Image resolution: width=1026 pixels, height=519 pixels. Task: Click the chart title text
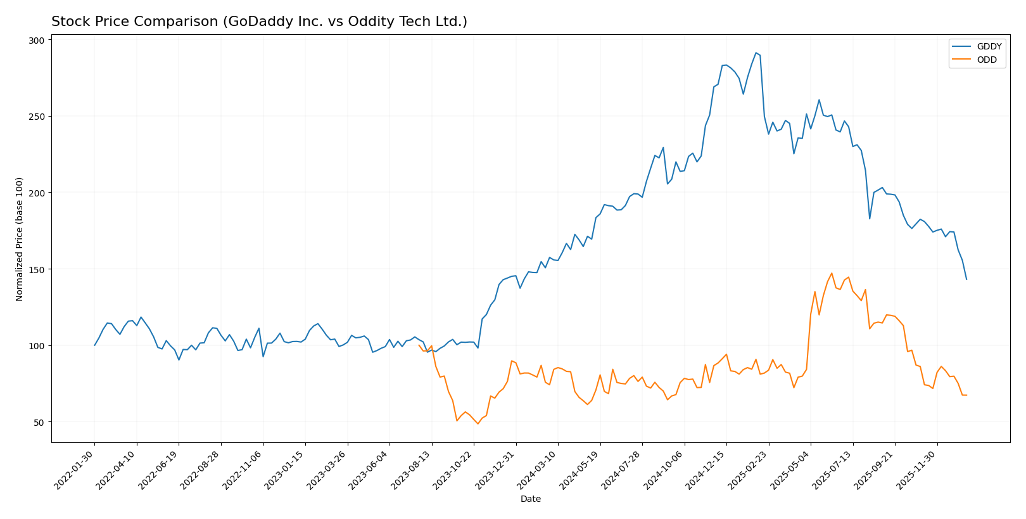259,22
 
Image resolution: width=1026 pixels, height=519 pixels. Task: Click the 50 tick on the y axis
39,422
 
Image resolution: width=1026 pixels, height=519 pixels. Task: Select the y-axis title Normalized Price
19,239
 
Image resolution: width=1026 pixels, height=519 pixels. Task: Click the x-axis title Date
530,499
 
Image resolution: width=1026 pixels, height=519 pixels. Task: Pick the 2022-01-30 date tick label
74,470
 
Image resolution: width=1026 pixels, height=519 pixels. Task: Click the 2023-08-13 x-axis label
411,470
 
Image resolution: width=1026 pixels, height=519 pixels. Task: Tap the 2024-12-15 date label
706,470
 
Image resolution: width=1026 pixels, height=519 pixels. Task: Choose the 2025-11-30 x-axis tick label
916,470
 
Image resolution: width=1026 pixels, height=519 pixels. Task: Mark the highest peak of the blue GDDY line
756,53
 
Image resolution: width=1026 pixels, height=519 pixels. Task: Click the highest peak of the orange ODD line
832,273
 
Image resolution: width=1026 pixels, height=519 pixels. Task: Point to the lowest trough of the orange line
478,423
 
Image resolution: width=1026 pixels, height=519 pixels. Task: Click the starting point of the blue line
95,345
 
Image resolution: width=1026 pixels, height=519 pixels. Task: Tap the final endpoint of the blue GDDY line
966,279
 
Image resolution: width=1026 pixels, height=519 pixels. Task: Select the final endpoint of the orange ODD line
966,395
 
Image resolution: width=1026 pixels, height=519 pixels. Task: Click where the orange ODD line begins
419,345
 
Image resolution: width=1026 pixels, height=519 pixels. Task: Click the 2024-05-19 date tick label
579,470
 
